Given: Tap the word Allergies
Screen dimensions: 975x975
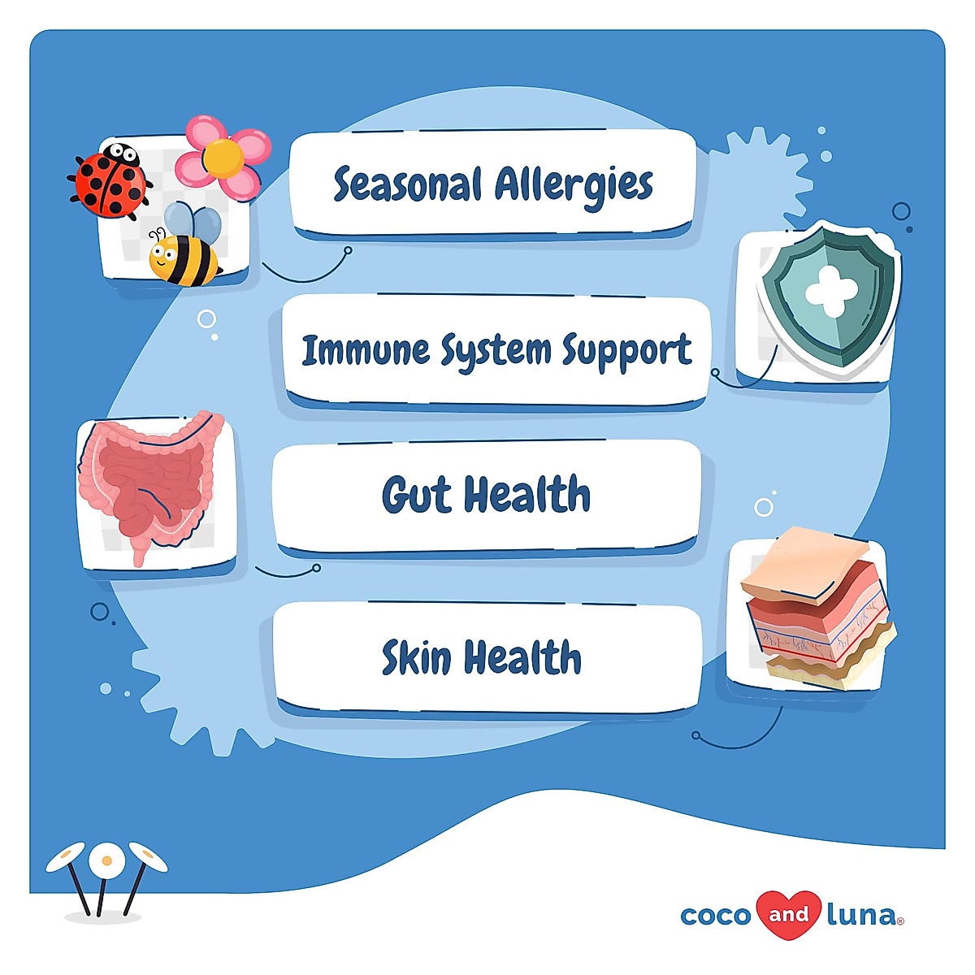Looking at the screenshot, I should [574, 185].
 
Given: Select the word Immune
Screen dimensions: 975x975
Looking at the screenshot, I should [366, 350].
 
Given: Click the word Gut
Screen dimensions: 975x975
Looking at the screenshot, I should [416, 494].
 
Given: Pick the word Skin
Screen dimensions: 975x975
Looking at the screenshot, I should [416, 657].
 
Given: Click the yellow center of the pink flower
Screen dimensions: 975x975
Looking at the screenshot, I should [223, 158].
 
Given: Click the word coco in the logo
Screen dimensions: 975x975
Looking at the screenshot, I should [715, 916].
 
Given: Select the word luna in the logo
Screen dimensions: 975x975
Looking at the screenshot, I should [861, 916].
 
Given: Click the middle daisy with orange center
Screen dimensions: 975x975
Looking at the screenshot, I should [106, 860].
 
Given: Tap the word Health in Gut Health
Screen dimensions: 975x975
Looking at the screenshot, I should [526, 494].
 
